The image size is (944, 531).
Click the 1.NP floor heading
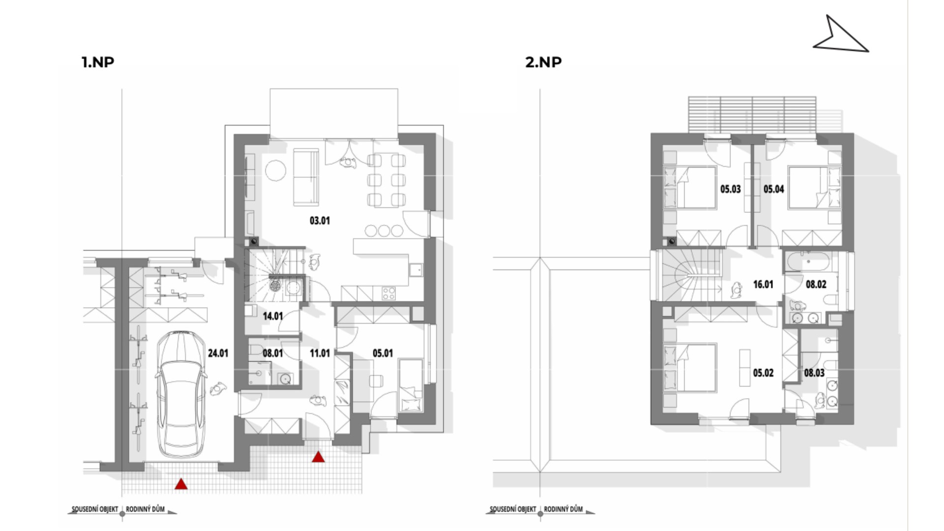point(98,62)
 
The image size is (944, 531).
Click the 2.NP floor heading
point(543,62)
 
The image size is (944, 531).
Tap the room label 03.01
point(320,221)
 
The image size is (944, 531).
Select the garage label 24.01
point(218,353)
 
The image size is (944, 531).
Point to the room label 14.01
point(272,316)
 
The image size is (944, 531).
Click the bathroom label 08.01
point(272,353)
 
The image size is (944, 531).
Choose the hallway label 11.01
point(320,353)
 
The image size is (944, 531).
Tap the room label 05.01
point(383,353)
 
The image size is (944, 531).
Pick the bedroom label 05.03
point(730,189)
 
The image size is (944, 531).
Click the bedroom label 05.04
point(773,189)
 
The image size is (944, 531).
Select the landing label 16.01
point(763,284)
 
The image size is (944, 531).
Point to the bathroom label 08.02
point(816,284)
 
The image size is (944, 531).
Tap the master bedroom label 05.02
point(763,373)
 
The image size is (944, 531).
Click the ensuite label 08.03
point(814,373)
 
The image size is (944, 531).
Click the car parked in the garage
point(180,394)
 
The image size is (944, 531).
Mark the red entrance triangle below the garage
point(181,484)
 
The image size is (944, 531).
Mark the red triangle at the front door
point(319,457)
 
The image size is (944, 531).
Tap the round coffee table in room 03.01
point(275,171)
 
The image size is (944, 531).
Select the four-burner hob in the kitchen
point(388,293)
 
